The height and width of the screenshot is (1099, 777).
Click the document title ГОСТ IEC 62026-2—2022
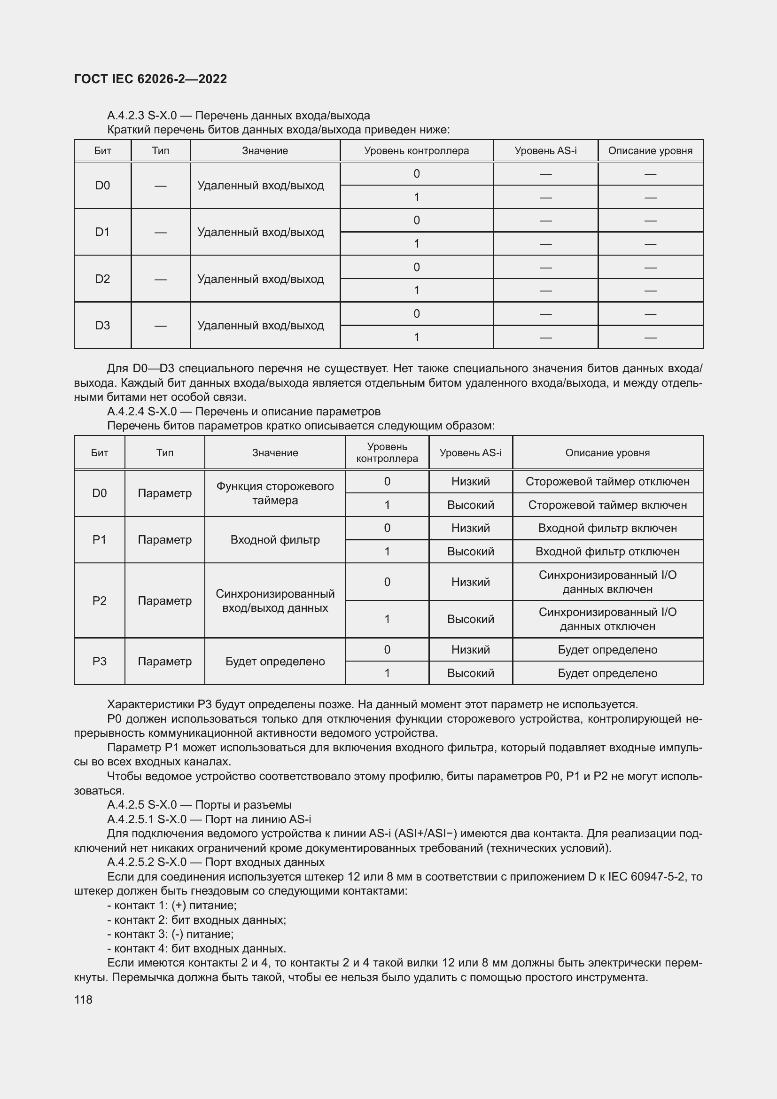[150, 79]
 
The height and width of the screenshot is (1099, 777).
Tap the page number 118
[83, 999]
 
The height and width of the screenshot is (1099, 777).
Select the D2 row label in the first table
[102, 279]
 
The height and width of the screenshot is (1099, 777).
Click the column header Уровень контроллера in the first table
[416, 151]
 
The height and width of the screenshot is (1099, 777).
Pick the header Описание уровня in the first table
[650, 151]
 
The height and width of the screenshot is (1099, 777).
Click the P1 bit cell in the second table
[99, 539]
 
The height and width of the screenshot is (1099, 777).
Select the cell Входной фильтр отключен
[607, 552]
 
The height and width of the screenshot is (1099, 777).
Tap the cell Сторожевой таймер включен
[607, 505]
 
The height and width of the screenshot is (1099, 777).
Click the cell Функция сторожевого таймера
[275, 493]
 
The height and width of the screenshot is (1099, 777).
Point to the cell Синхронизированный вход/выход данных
[275, 601]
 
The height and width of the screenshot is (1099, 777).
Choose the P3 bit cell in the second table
[99, 661]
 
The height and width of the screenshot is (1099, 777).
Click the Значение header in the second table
[275, 453]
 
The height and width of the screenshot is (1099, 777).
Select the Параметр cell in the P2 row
[164, 601]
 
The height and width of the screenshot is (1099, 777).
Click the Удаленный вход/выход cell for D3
[260, 326]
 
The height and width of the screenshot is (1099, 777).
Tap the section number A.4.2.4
[125, 412]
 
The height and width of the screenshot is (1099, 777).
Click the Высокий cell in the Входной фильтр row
[470, 552]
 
